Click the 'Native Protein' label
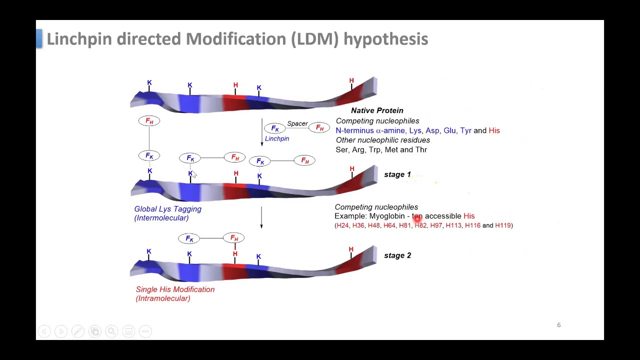point(377,110)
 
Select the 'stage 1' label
point(397,174)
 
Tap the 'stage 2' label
point(397,255)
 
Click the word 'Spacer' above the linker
point(297,123)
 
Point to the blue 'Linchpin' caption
point(277,138)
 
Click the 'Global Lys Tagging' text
point(167,209)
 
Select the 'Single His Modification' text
point(175,289)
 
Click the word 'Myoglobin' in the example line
point(386,216)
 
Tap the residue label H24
point(342,225)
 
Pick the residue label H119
point(502,225)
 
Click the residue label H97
point(436,225)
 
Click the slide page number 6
point(558,325)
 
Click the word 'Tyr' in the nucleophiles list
point(465,130)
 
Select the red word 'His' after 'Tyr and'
point(494,130)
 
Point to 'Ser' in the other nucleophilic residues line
point(341,149)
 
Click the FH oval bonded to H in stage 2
point(234,238)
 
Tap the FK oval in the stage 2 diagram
point(189,238)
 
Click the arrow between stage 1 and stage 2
point(261,217)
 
